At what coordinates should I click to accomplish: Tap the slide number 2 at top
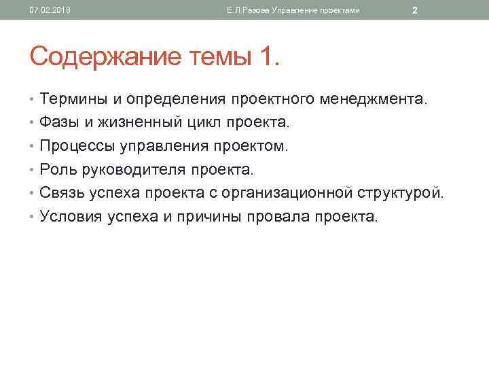414,10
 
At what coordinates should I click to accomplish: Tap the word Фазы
60,123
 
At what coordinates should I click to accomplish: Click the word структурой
401,193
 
